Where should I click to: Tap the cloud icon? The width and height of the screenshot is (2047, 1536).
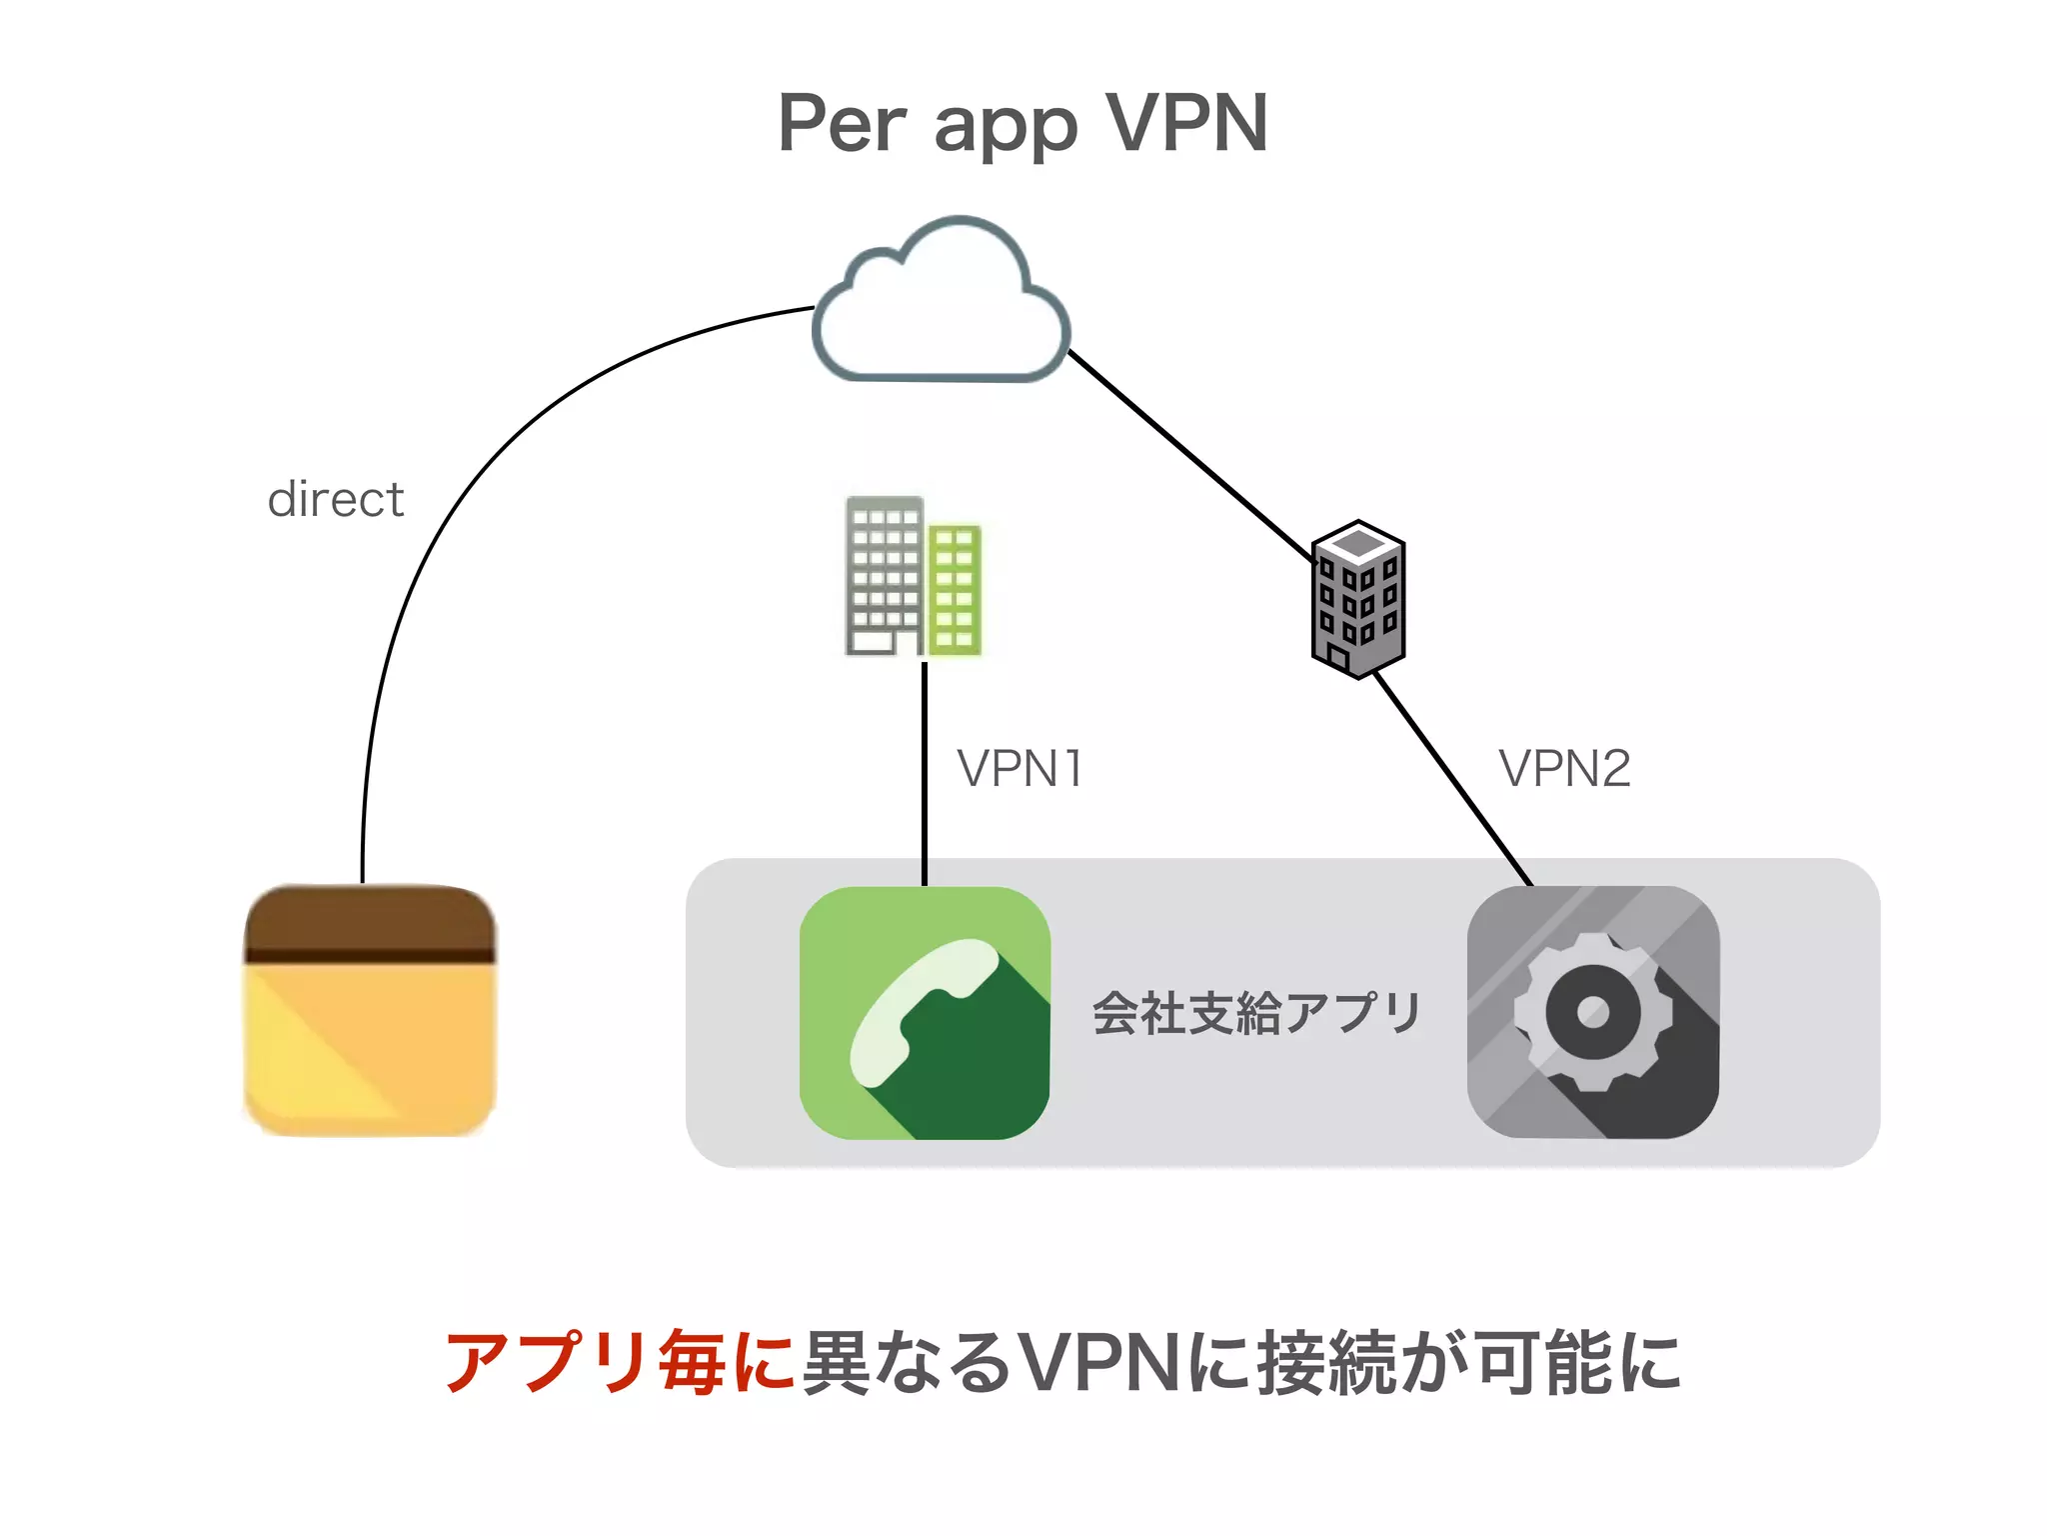pos(941,305)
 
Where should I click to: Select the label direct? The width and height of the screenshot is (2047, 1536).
pos(336,499)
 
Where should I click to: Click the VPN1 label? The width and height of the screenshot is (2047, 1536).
pos(1020,769)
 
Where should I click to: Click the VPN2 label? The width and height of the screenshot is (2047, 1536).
pos(1564,769)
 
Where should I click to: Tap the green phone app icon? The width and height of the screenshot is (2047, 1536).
pos(925,1012)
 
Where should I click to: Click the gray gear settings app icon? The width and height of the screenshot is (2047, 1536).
pos(1592,1012)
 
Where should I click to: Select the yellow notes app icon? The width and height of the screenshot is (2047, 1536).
pos(370,1010)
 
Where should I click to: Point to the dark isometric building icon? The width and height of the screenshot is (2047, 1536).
pos(1357,599)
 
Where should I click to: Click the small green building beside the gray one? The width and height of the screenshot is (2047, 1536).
pos(955,589)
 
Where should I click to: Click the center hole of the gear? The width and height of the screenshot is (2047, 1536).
pos(1592,1012)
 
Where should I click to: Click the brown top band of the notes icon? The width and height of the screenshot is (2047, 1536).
pos(370,920)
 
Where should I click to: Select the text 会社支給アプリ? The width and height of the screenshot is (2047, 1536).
pos(1256,1012)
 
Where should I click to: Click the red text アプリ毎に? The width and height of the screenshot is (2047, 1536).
pos(619,1362)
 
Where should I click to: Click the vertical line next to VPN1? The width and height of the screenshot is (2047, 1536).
pos(925,770)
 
